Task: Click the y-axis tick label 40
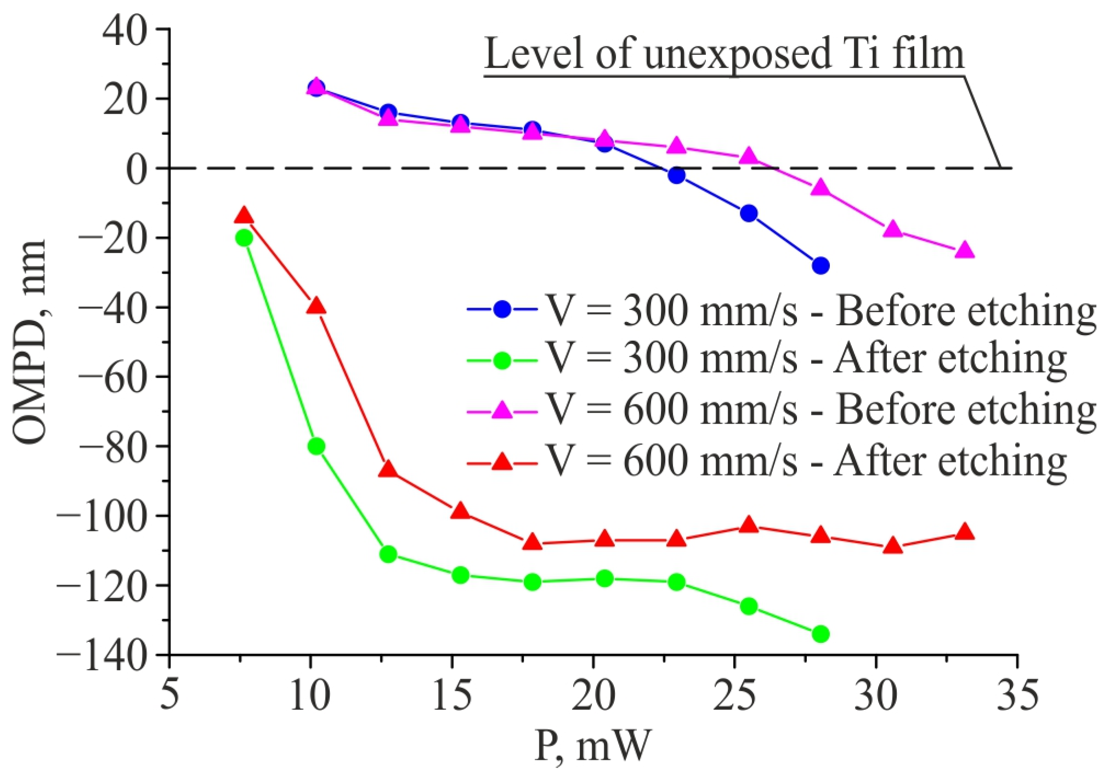[125, 30]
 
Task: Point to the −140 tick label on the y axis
[102, 655]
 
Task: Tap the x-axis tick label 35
[1017, 695]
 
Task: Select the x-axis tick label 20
[593, 695]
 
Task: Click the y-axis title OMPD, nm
[30, 341]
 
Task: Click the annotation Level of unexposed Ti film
[724, 54]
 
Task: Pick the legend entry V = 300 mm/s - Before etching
[781, 310]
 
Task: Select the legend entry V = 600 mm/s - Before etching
[781, 410]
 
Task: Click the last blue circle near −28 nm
[821, 265]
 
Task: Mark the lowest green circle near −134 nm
[821, 634]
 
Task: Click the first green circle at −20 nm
[244, 238]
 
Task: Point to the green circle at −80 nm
[316, 446]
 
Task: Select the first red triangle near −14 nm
[244, 216]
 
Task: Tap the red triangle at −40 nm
[316, 306]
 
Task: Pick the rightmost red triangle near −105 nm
[965, 532]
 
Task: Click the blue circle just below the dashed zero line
[676, 175]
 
